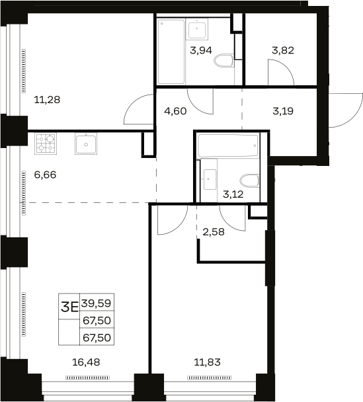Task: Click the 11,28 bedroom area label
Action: [47, 99]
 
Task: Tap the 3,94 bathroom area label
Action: [201, 50]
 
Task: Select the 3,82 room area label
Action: [283, 50]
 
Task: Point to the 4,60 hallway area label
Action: [175, 111]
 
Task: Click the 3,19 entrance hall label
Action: [283, 111]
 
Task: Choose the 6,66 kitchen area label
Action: [45, 175]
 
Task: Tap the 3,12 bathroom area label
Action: [233, 194]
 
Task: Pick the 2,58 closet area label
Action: [214, 232]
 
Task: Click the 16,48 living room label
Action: [86, 362]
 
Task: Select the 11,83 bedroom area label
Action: [207, 362]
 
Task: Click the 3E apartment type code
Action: [69, 307]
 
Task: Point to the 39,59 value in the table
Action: [97, 303]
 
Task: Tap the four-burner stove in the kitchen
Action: [46, 143]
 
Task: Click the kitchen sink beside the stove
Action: [86, 143]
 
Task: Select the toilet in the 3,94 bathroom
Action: [223, 61]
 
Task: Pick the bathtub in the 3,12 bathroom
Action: [228, 145]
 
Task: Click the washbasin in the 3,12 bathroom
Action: [209, 179]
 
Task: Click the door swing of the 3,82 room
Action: [281, 72]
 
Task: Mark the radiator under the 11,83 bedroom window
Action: [209, 378]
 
